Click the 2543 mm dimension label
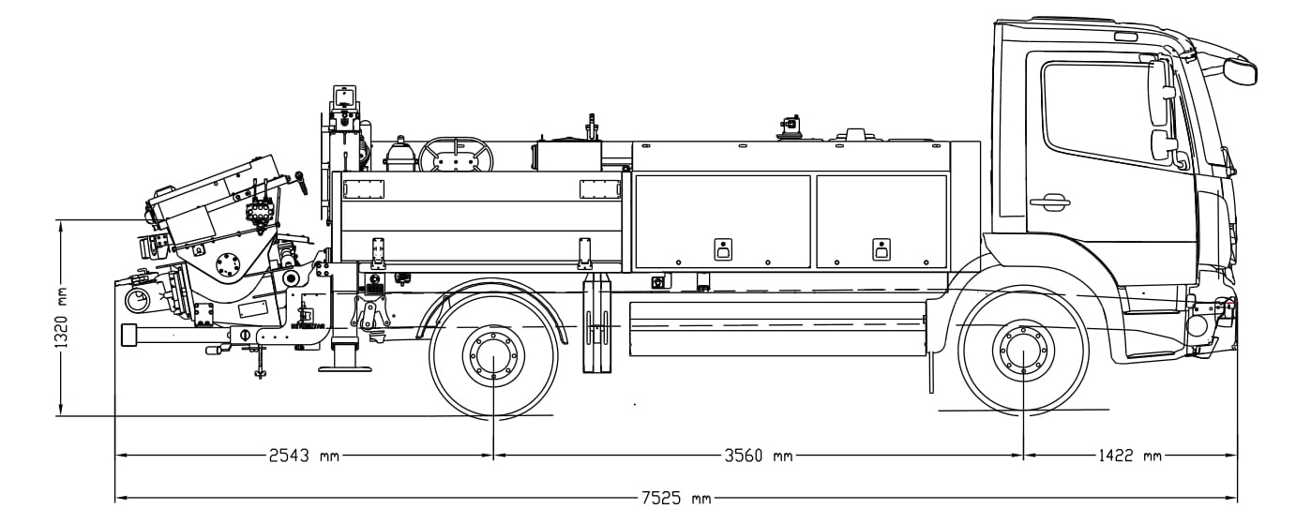click(304, 456)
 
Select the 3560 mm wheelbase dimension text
click(759, 456)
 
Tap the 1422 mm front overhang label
click(1128, 456)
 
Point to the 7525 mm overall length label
click(676, 499)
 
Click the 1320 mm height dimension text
click(62, 318)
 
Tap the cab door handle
click(1050, 202)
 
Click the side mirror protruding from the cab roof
click(1240, 70)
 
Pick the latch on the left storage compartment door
click(723, 249)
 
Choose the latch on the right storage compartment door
click(882, 249)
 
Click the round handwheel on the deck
click(456, 155)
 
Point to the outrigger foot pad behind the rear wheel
click(345, 368)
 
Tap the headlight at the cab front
click(1197, 326)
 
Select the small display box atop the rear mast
click(345, 96)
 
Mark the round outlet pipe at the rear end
click(138, 301)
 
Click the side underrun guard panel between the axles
click(777, 329)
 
